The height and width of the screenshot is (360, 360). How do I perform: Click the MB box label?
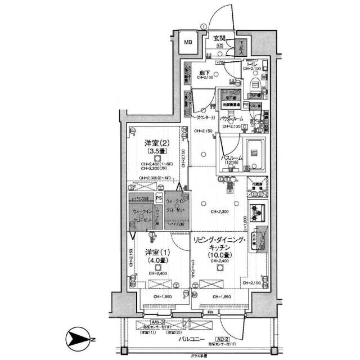click(x=188, y=42)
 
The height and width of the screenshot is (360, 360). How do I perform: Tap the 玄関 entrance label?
click(x=219, y=38)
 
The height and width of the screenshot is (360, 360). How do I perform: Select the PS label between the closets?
click(x=159, y=198)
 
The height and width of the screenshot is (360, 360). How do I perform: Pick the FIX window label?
click(x=210, y=312)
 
